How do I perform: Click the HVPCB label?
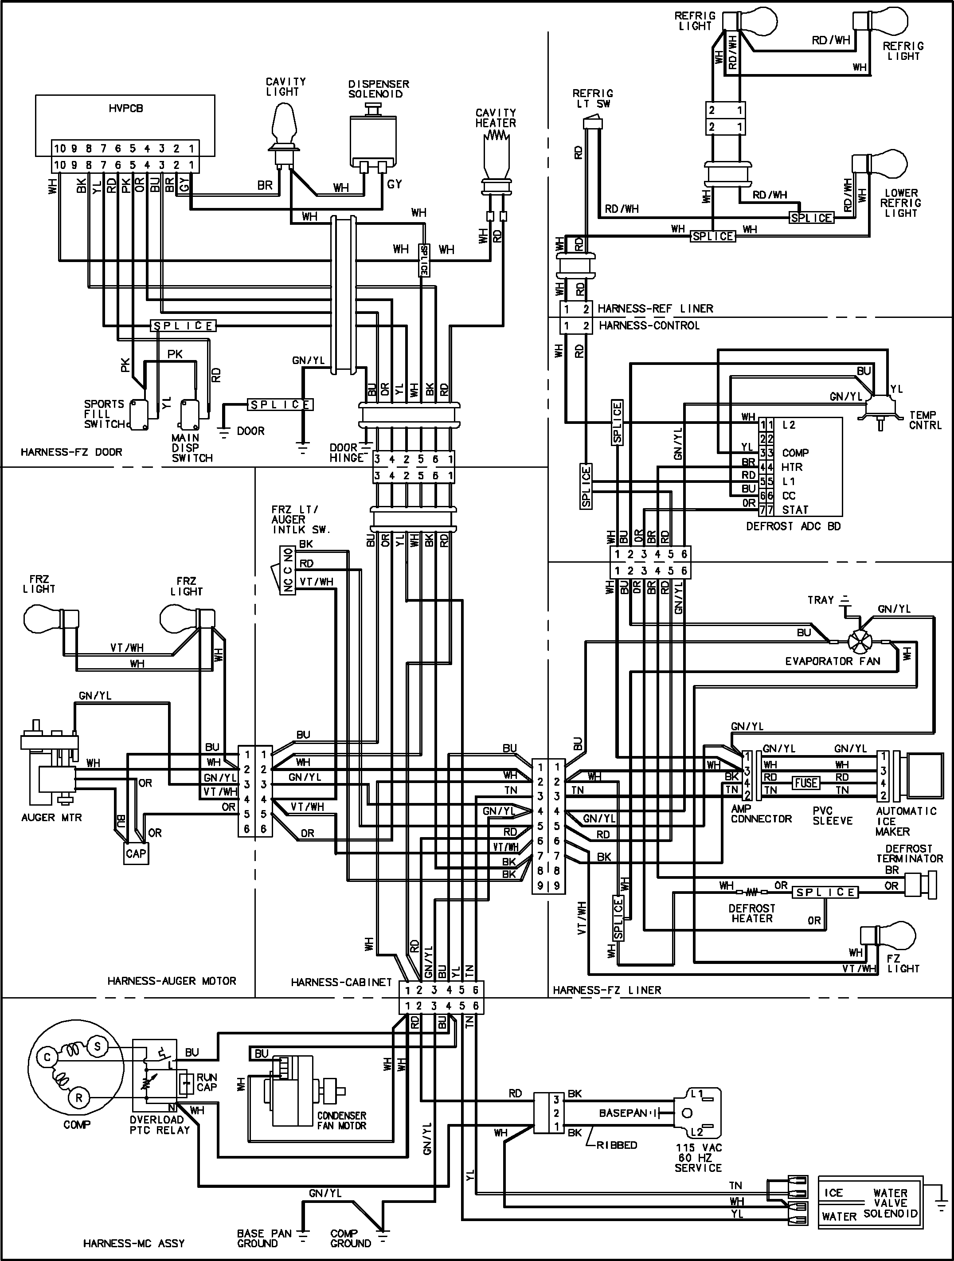[x=125, y=108]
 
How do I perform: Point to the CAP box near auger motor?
[x=136, y=854]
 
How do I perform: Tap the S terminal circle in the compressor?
[x=97, y=1046]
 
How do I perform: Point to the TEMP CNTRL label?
[x=925, y=420]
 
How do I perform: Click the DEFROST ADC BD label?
[x=793, y=526]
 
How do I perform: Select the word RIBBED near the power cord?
[x=617, y=1145]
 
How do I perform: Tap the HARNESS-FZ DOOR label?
[x=71, y=452]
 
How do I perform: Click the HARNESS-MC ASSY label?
[x=134, y=1243]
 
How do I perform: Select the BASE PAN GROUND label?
[x=264, y=1238]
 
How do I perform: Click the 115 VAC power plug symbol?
[x=696, y=1112]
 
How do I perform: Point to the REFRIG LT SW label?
[x=593, y=98]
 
